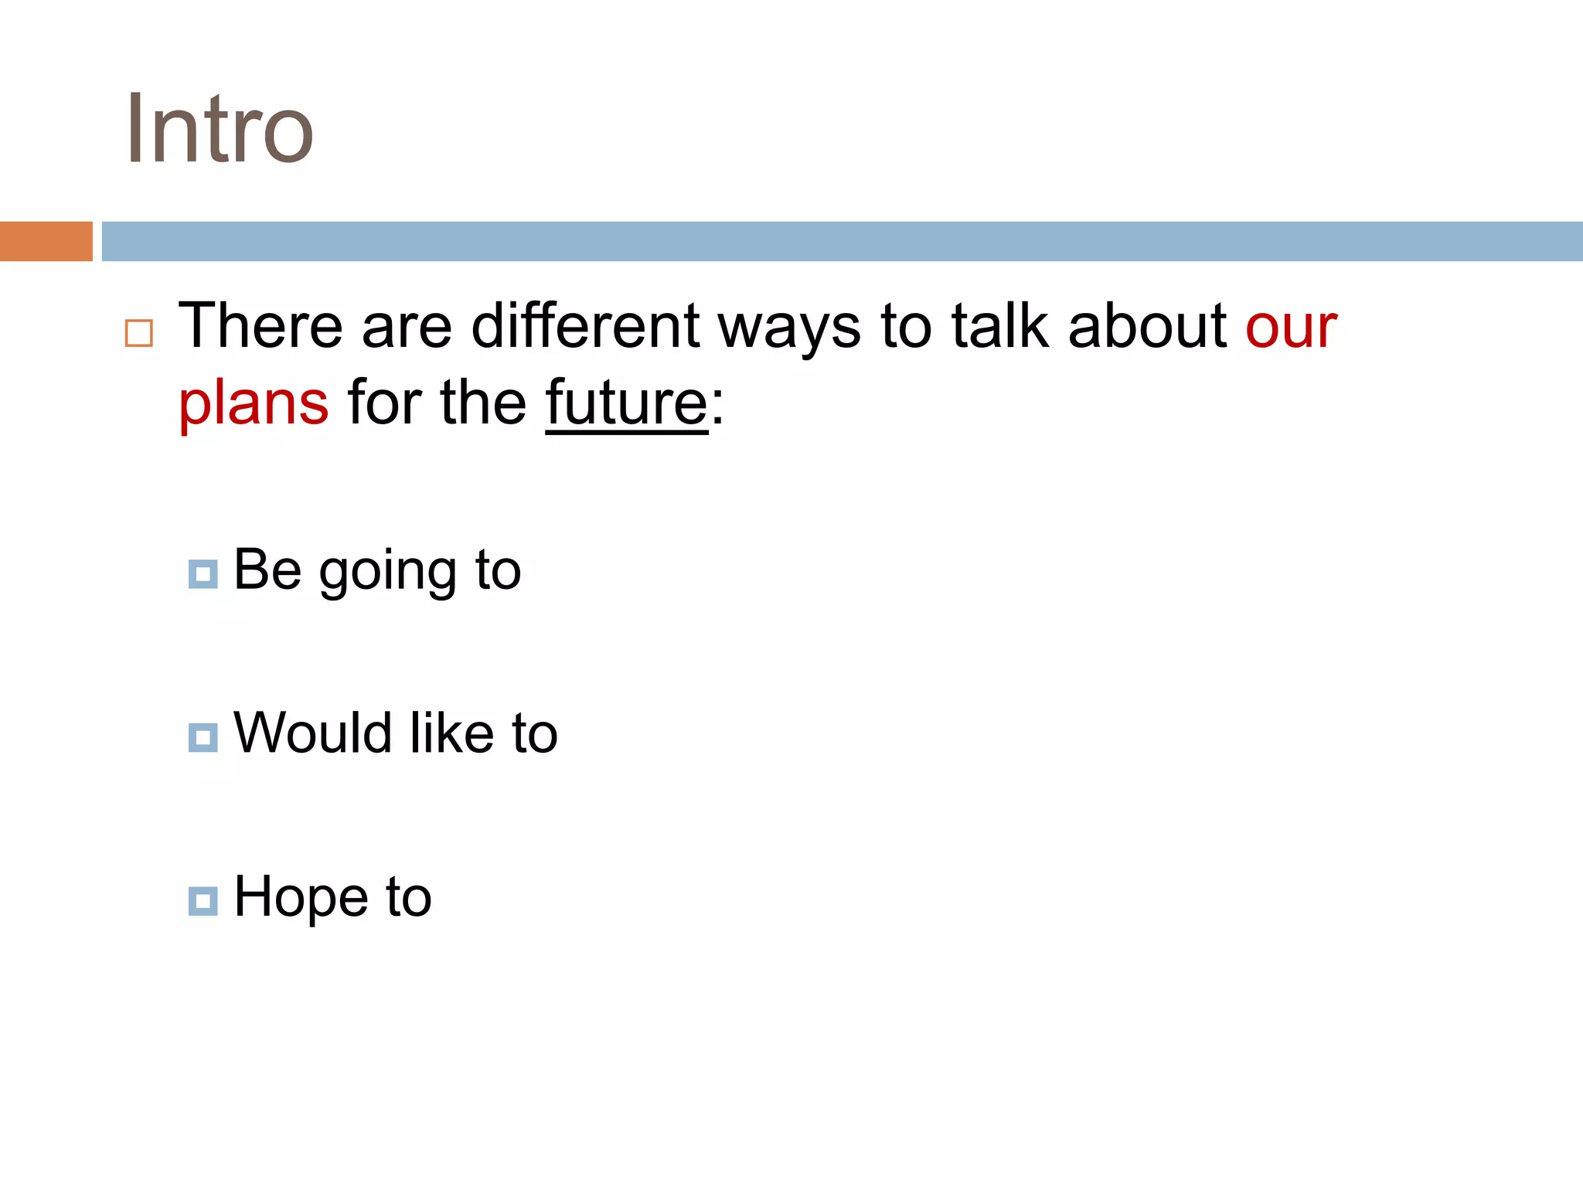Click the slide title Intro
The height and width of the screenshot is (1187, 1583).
220,129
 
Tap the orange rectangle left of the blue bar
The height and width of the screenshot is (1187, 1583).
46,241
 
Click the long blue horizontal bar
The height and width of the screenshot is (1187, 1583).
842,241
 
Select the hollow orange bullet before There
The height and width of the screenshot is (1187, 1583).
139,333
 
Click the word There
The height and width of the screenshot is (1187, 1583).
260,326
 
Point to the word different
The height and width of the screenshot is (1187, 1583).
585,326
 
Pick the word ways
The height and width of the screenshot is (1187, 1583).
788,329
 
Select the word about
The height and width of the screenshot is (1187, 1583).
1147,326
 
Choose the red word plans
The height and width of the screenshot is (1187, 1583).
254,404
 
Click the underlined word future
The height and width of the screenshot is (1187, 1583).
626,403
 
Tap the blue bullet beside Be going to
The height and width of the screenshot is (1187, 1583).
203,574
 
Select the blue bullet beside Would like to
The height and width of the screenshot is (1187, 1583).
203,737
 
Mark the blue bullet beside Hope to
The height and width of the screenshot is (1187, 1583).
203,900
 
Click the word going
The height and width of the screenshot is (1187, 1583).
388,573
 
